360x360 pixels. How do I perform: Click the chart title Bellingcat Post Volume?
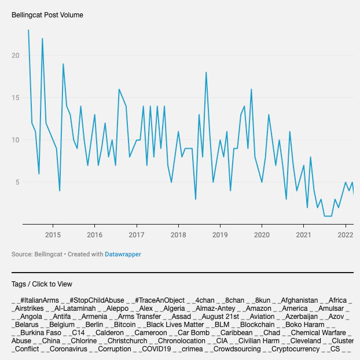[47, 14]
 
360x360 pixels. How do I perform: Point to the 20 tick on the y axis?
[16, 56]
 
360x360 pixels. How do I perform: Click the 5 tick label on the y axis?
[18, 182]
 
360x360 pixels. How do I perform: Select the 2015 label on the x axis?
[53, 234]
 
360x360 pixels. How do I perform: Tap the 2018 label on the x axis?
[178, 234]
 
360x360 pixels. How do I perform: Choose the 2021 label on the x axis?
[304, 234]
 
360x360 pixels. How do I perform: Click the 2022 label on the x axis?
[346, 234]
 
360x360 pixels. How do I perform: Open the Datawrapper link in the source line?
[123, 254]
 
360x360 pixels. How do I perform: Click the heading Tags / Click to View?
[42, 284]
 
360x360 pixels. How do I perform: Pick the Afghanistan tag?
[299, 300]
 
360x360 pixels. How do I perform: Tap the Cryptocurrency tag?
[296, 349]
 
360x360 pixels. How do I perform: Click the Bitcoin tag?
[124, 325]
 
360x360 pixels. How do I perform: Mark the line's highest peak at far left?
[28, 30]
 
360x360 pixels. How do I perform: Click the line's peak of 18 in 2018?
[206, 72]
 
